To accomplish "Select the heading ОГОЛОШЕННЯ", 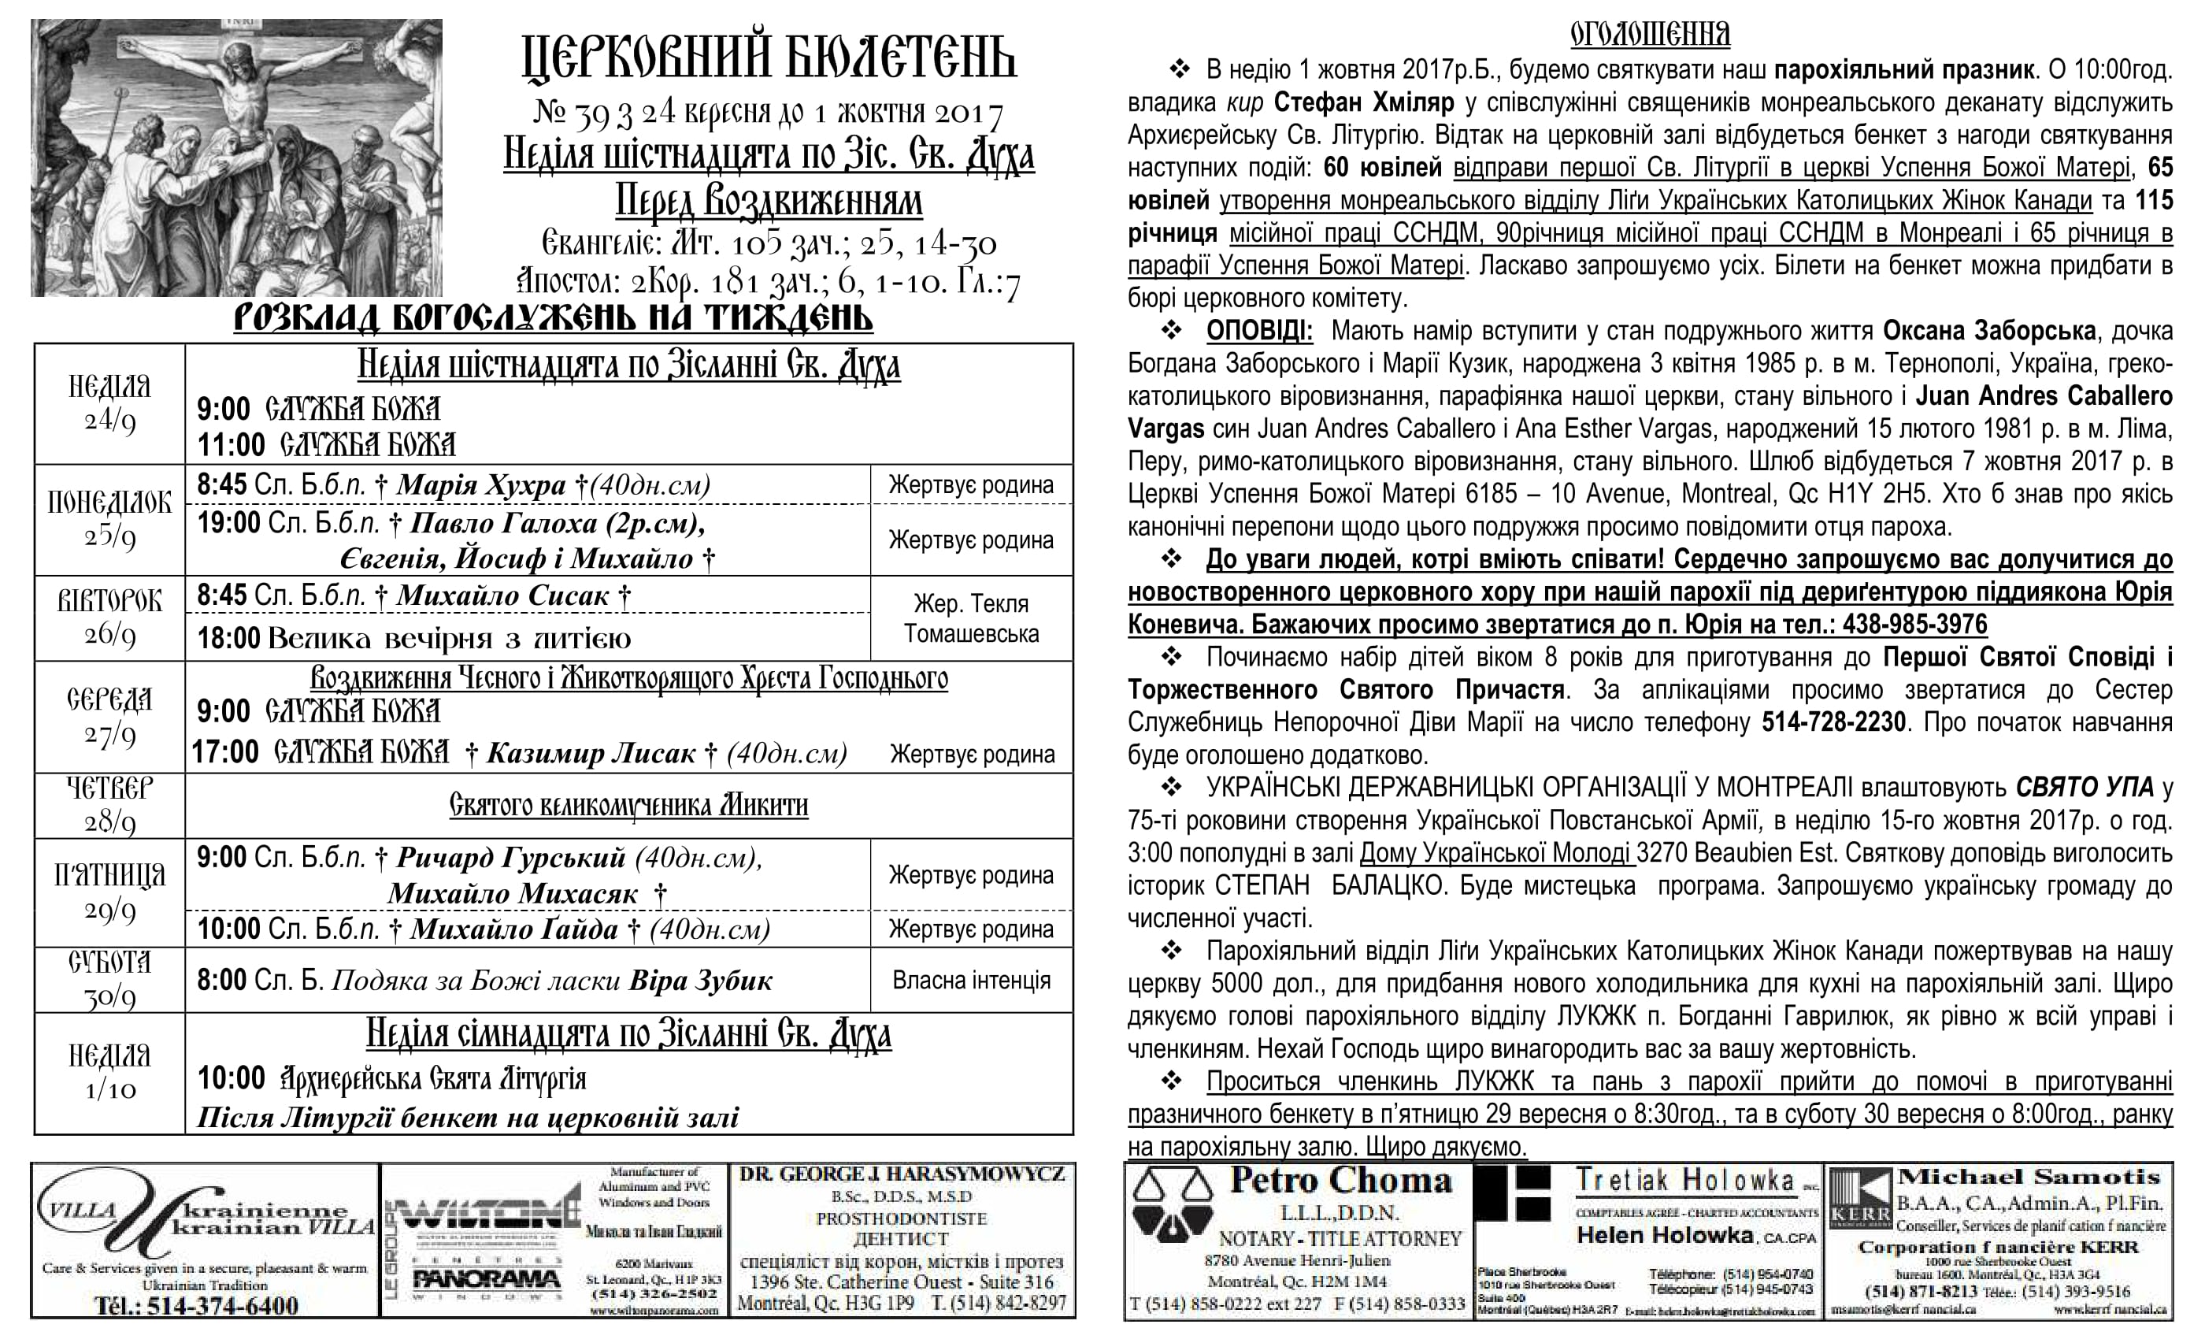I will (x=1649, y=34).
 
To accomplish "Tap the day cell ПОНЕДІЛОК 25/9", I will (x=109, y=519).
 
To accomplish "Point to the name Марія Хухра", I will (x=480, y=485).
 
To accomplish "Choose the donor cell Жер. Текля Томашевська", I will (x=971, y=618).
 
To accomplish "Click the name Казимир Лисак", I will (x=591, y=754).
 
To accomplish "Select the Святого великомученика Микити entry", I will (x=628, y=805).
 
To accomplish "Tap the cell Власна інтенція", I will (x=971, y=980).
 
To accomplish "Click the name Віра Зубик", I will (x=701, y=981).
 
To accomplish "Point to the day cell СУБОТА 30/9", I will (x=109, y=979).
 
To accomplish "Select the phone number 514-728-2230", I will (x=1833, y=722).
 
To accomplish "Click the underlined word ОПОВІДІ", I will (x=1259, y=331).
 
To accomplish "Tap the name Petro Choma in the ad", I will (x=1340, y=1181).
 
